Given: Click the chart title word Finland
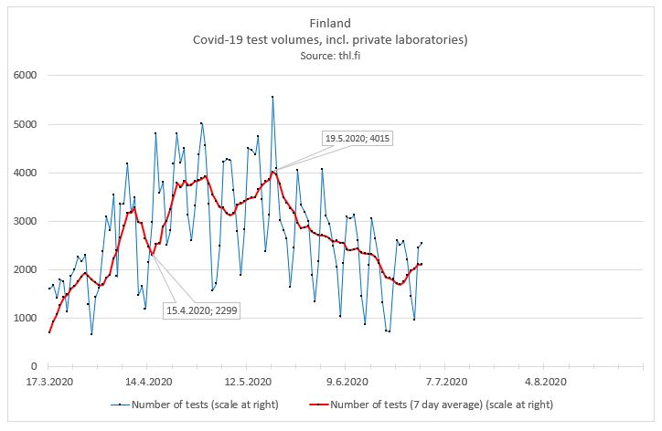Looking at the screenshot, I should point(330,22).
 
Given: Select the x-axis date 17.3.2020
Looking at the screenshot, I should point(48,383).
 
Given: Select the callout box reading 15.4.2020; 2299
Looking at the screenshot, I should point(198,311).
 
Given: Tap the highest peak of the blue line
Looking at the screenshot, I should point(272,96).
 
